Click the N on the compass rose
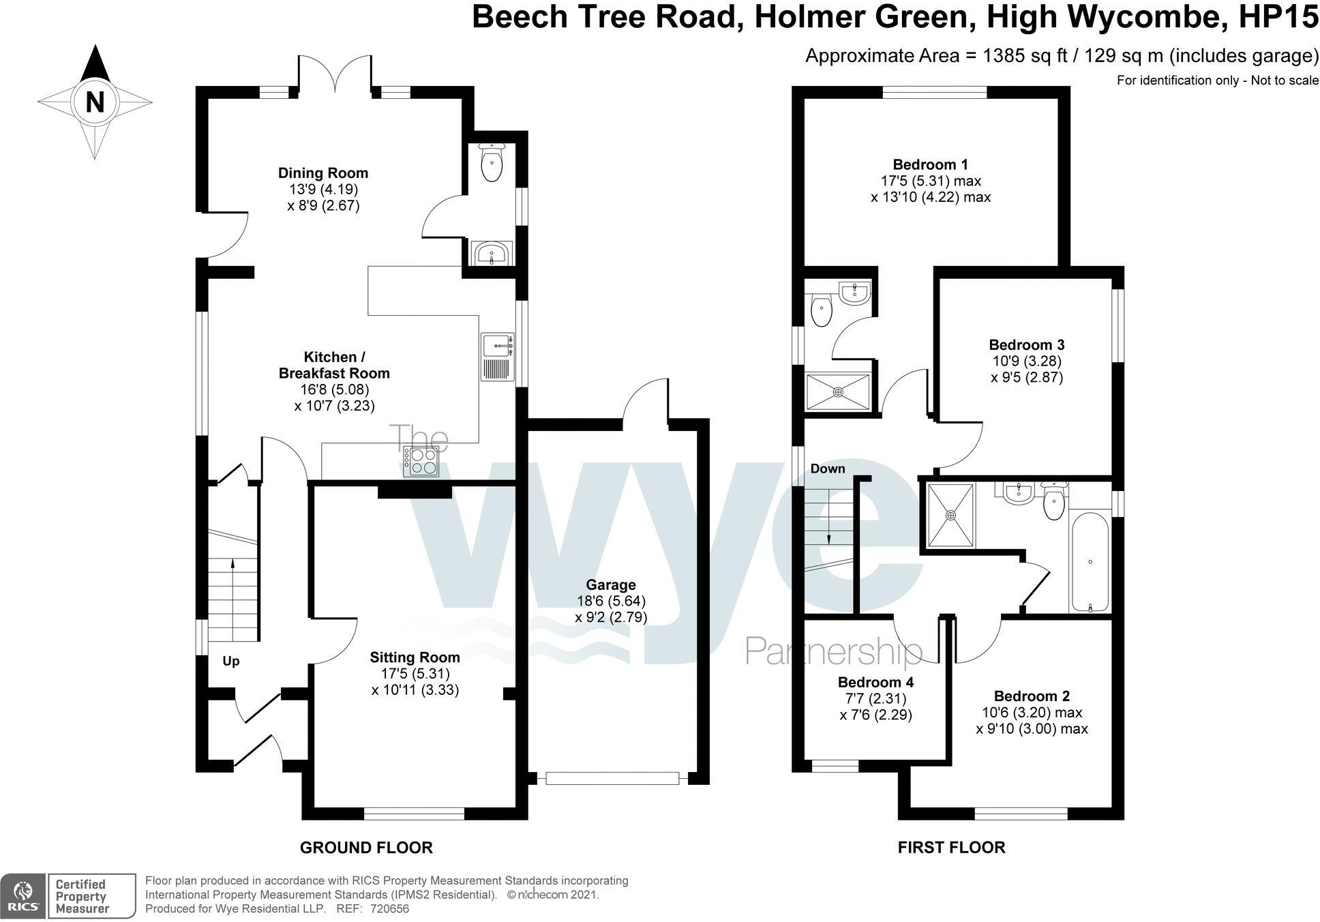pyautogui.click(x=95, y=102)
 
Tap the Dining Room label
pyautogui.click(x=322, y=173)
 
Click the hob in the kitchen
pyautogui.click(x=421, y=461)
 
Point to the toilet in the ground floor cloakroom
pyautogui.click(x=491, y=164)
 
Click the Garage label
pyautogui.click(x=610, y=585)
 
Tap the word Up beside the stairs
pyautogui.click(x=231, y=661)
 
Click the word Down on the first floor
pyautogui.click(x=828, y=469)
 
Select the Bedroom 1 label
pyautogui.click(x=930, y=164)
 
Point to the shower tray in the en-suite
pyautogui.click(x=838, y=392)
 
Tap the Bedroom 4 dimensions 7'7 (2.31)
pyautogui.click(x=875, y=699)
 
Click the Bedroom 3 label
pyautogui.click(x=1026, y=345)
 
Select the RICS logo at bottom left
pyautogui.click(x=23, y=895)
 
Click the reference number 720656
pyautogui.click(x=389, y=909)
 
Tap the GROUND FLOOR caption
pyautogui.click(x=366, y=848)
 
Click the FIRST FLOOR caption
pyautogui.click(x=951, y=848)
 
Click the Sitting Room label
pyautogui.click(x=415, y=657)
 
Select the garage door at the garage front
pyautogui.click(x=612, y=778)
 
